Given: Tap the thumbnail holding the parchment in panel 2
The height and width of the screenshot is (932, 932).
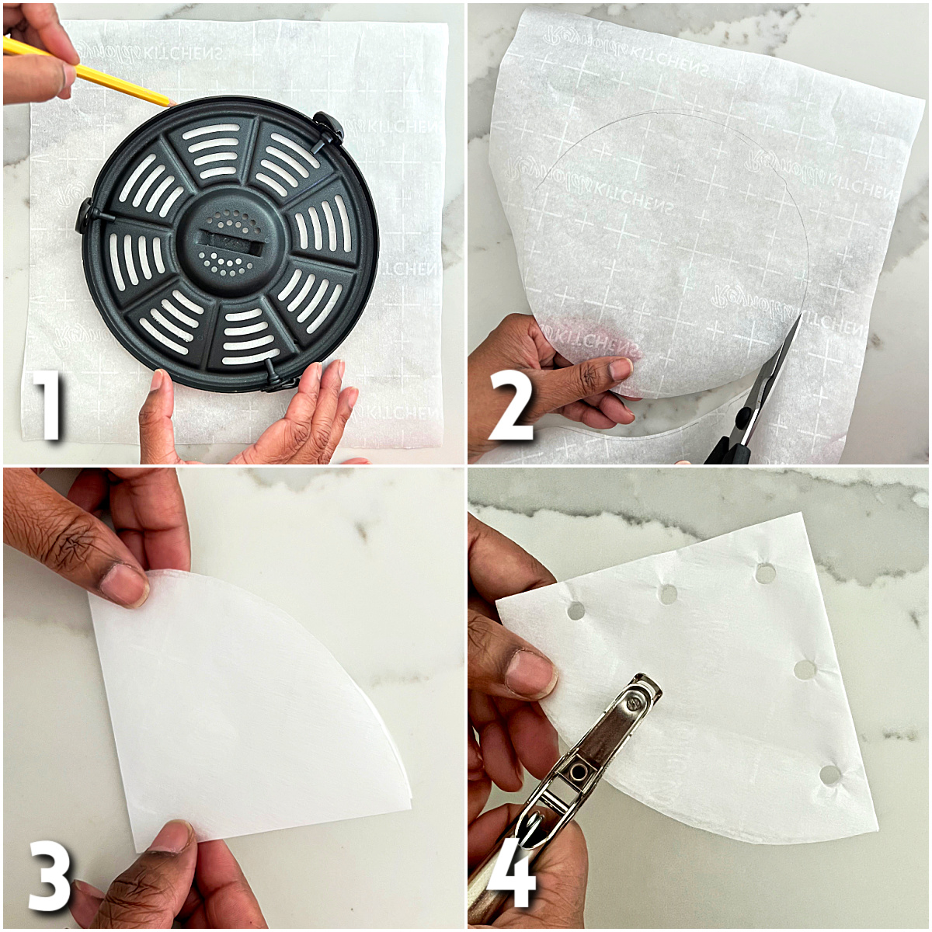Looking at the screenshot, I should pyautogui.click(x=620, y=367).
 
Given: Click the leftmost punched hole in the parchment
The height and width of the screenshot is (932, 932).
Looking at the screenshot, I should pyautogui.click(x=576, y=610).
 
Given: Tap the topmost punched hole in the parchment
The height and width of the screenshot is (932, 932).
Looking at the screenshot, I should pyautogui.click(x=765, y=573).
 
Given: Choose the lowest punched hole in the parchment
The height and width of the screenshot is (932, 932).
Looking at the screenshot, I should pyautogui.click(x=829, y=774).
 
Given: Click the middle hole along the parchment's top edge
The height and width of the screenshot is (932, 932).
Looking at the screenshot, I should pyautogui.click(x=668, y=594).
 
